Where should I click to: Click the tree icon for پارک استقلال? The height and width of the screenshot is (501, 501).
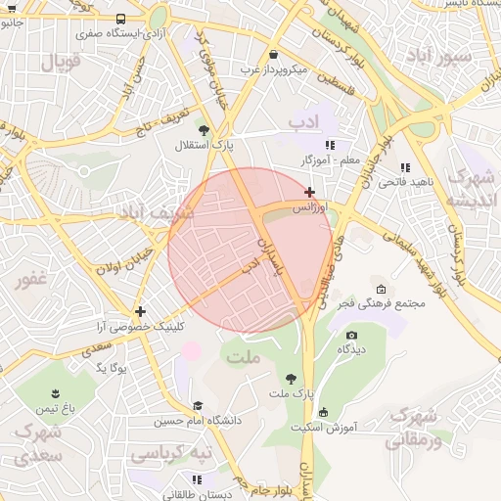point(204,129)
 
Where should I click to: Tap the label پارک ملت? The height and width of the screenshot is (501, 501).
point(290,393)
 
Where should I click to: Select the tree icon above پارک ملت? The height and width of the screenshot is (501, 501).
point(291,378)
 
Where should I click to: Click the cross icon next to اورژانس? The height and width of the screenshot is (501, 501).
point(310,192)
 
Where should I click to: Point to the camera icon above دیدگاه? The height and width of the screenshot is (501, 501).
point(351,336)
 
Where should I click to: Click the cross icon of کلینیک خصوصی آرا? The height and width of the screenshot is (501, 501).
point(141,310)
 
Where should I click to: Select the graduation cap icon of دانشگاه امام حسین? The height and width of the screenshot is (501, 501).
point(198,405)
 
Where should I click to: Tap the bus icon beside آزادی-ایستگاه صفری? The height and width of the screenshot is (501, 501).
point(120,19)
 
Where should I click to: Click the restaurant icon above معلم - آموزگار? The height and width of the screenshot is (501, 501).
point(315,144)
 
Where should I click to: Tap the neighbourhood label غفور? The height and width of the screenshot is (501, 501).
point(30,279)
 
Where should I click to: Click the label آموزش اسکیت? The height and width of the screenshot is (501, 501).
point(324,428)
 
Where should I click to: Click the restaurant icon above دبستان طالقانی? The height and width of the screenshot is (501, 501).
point(197,479)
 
